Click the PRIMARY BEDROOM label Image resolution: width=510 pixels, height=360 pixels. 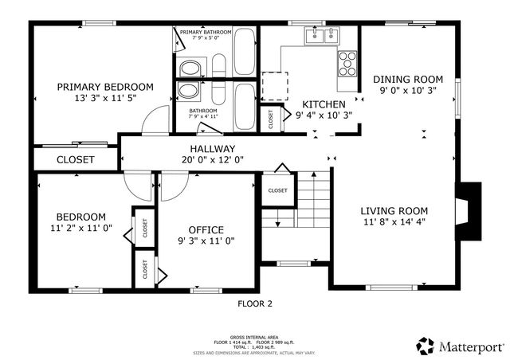[x=105, y=86]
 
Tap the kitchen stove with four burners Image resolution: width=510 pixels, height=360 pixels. [x=347, y=63]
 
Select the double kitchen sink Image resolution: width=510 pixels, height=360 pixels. [x=322, y=35]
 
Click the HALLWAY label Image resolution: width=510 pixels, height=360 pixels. [x=212, y=149]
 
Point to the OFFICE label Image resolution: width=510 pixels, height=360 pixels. [x=205, y=230]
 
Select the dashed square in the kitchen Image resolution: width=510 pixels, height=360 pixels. [x=275, y=84]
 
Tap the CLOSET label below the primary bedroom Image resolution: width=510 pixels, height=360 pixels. [x=76, y=159]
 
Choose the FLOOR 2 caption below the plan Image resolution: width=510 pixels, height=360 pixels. [x=255, y=303]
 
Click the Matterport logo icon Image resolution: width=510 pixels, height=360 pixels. [x=426, y=346]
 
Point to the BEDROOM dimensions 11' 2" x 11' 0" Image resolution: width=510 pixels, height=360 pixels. [x=80, y=228]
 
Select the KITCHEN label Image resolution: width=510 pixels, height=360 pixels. [x=323, y=104]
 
